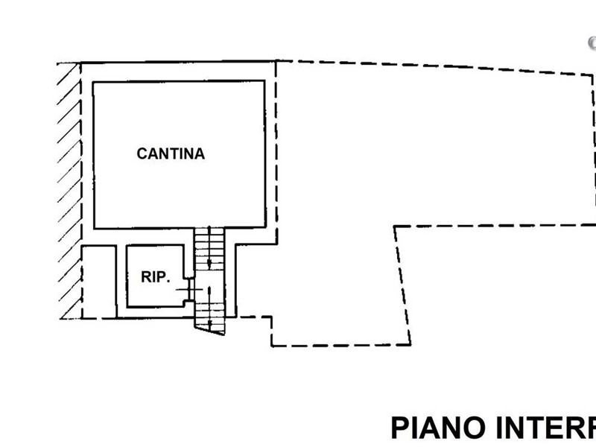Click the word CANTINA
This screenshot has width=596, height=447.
[171, 154]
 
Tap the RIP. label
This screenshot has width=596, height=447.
[156, 276]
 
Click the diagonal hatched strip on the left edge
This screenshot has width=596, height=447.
[69, 186]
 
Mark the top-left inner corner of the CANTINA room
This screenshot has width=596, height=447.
[94, 83]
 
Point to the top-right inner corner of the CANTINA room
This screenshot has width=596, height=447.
[262, 83]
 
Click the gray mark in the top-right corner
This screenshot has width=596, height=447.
[591, 43]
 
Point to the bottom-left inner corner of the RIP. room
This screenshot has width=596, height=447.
[127, 305]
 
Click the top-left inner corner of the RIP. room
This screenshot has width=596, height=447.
[127, 247]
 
